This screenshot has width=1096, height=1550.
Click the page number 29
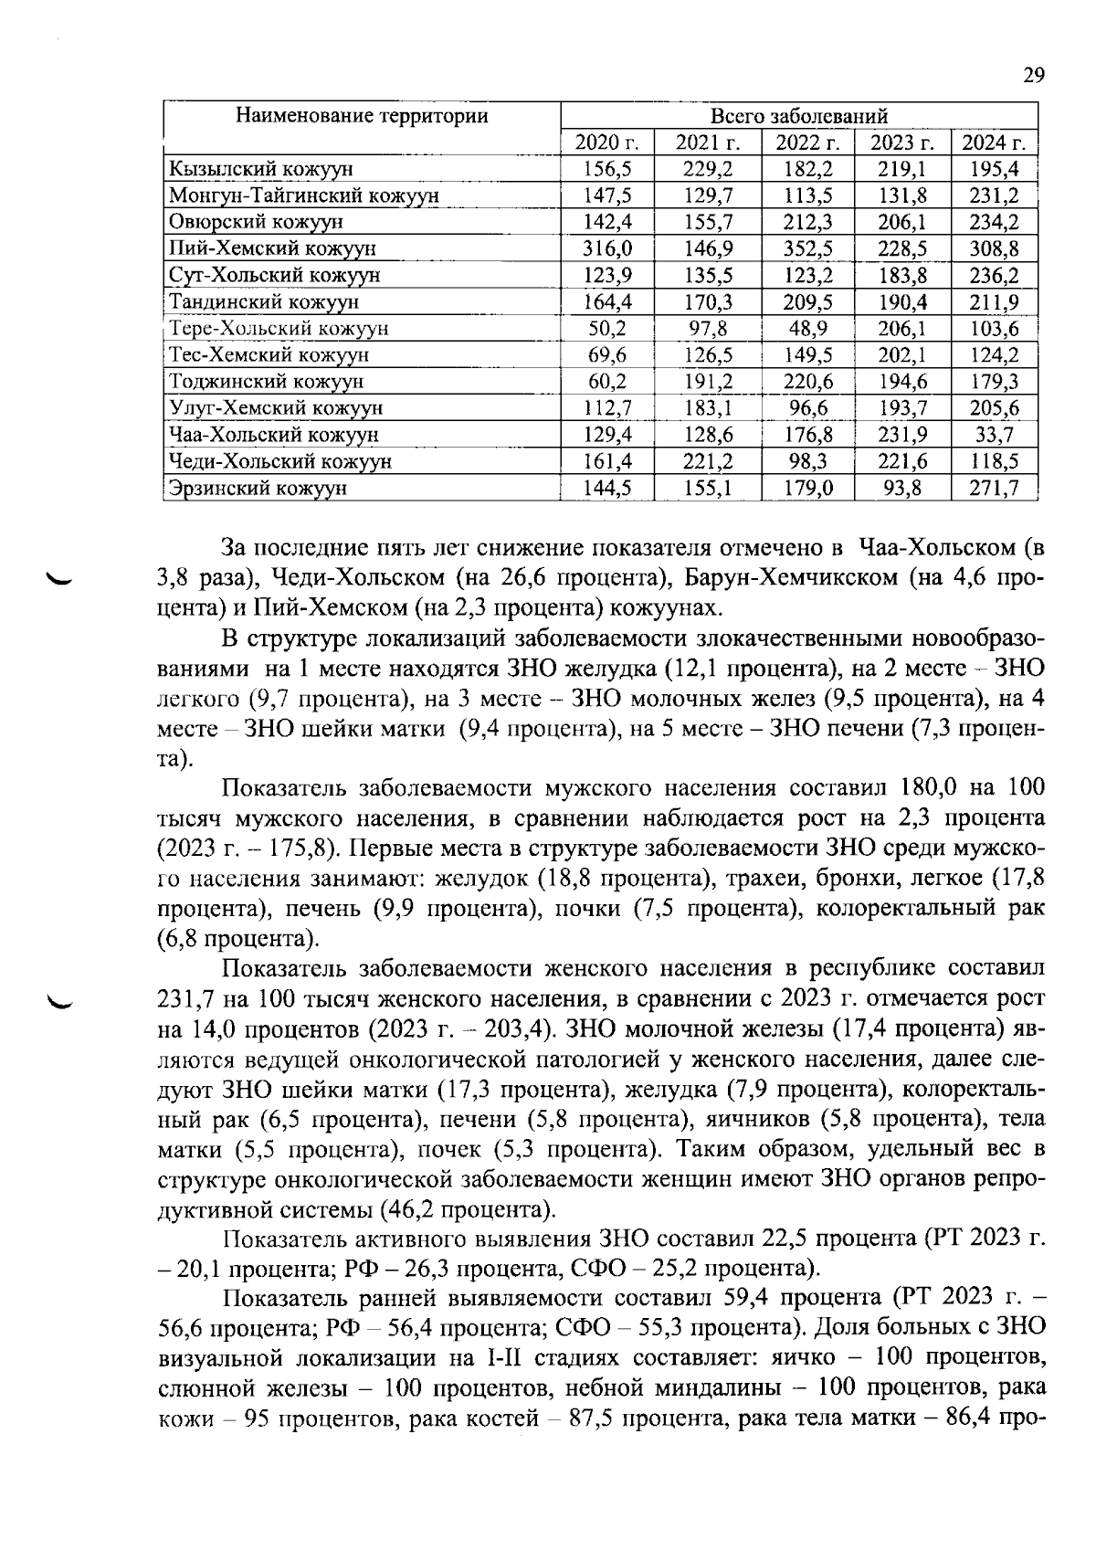pyautogui.click(x=1033, y=76)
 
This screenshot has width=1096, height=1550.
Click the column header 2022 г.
pyautogui.click(x=806, y=142)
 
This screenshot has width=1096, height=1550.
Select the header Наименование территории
pyautogui.click(x=362, y=116)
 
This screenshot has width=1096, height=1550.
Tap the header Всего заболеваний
pyautogui.click(x=799, y=116)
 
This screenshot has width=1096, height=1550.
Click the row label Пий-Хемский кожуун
pyautogui.click(x=260, y=248)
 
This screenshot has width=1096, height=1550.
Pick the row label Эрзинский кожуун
pyautogui.click(x=258, y=488)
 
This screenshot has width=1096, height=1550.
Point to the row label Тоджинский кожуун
pyautogui.click(x=267, y=381)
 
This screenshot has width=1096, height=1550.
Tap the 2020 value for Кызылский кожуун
pyautogui.click(x=607, y=169)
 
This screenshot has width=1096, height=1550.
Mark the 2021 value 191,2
pyautogui.click(x=708, y=381)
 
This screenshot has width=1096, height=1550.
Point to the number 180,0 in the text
pyautogui.click(x=933, y=788)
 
